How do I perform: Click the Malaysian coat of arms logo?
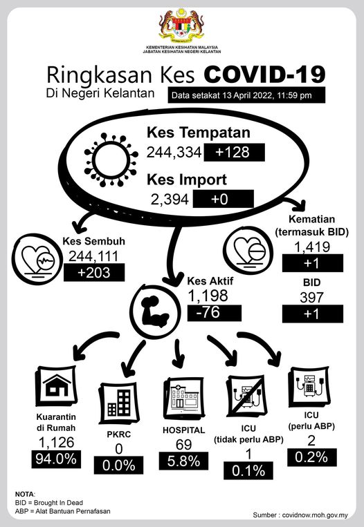point(182,26)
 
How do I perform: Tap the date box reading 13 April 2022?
point(246,95)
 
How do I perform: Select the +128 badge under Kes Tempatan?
point(235,152)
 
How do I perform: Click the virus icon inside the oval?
point(111,160)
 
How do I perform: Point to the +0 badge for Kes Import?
point(223,199)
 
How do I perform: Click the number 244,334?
point(174,152)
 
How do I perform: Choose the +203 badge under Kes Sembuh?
point(94,272)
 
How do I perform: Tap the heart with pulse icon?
point(37,259)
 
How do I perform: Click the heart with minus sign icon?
point(248,251)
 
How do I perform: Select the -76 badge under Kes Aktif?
point(214,313)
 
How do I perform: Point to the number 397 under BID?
point(311,297)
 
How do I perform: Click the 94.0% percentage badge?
point(56,459)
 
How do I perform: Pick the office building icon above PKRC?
point(119,403)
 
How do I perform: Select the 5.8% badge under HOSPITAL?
point(183,461)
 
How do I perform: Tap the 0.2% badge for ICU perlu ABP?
point(312,457)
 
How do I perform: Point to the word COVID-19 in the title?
point(264,75)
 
